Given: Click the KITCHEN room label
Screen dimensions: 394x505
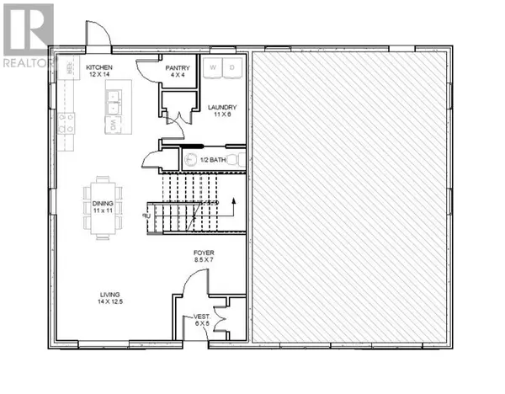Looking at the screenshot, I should tap(100, 67).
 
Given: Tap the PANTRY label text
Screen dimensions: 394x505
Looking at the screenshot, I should tap(178, 68).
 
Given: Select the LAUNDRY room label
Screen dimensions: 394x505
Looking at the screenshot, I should tap(223, 107).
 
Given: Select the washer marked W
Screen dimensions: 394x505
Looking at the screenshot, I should tap(214, 67).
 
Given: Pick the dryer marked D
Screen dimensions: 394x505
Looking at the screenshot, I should tap(233, 67).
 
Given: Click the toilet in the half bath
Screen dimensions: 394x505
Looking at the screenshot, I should tap(192, 158).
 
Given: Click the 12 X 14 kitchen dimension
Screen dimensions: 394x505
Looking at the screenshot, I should tap(100, 76).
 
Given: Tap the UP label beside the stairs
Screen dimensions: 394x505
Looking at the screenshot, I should tap(146, 216).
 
